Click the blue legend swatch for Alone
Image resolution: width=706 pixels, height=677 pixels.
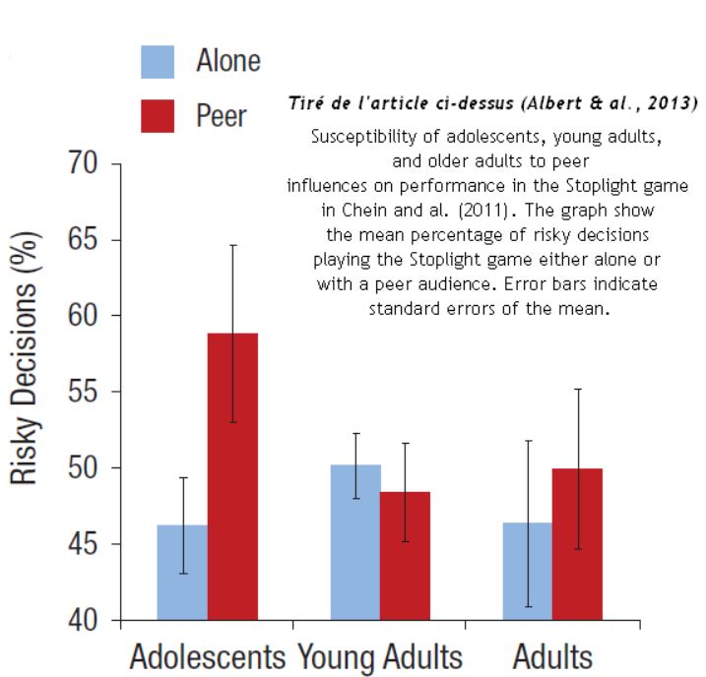point(158,61)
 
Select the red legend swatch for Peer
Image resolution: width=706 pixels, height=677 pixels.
point(158,116)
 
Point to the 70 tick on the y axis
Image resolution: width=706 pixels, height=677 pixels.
point(89,163)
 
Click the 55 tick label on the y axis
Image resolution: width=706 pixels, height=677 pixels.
point(89,392)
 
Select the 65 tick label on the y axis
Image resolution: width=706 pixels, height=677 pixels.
point(89,240)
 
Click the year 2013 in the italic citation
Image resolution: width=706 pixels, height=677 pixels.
point(674,103)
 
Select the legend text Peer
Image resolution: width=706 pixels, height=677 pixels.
point(222,116)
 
